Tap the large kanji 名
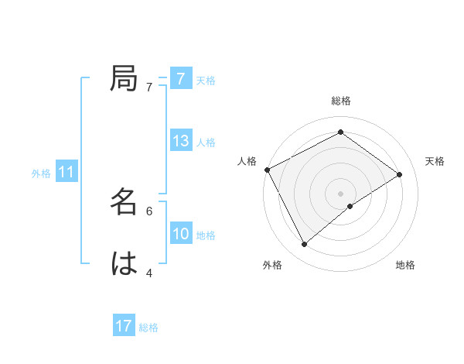[124, 202]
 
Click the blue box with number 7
[180, 78]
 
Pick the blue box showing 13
[181, 141]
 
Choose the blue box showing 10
[181, 234]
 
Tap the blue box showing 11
[67, 173]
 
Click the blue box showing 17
[124, 326]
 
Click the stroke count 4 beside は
[148, 273]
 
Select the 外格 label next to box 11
[41, 173]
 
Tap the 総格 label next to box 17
[148, 328]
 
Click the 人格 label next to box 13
[206, 143]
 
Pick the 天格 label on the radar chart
[435, 161]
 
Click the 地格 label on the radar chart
[405, 265]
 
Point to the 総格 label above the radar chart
[340, 101]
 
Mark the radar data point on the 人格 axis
[267, 169]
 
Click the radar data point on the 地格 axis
[350, 206]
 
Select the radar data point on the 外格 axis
[305, 244]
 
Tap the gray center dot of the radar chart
[340, 192]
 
